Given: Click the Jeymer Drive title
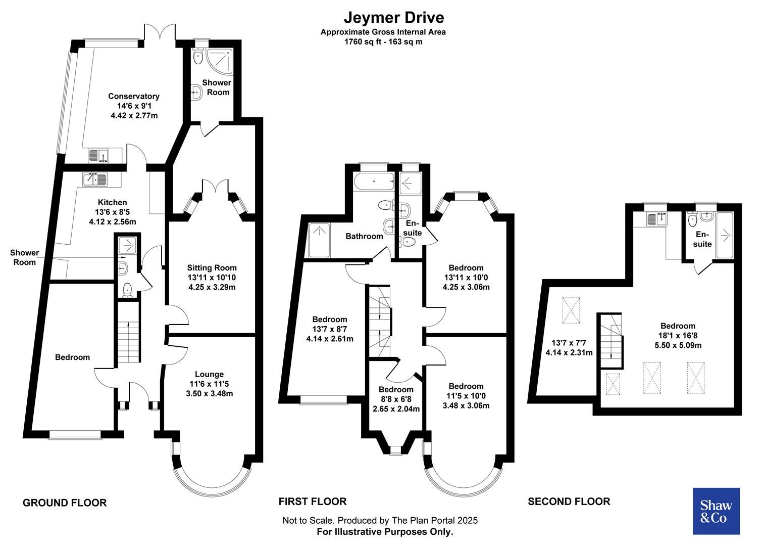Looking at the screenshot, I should [394, 17].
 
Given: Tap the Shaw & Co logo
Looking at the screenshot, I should [716, 511].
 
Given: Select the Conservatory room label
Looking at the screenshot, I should [134, 96].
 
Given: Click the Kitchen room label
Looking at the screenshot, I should [112, 202].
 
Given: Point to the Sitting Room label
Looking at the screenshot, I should [212, 268].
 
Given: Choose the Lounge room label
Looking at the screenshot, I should [209, 374].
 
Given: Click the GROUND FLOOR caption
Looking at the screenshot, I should [65, 503].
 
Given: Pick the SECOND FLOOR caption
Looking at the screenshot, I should [569, 502].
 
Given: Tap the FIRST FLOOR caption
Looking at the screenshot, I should [313, 502].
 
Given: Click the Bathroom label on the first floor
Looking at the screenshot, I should [364, 236].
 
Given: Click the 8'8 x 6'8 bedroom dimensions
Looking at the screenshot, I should [396, 399].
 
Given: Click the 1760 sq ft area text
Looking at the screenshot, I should [383, 42].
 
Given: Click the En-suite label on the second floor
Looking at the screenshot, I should [702, 239].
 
